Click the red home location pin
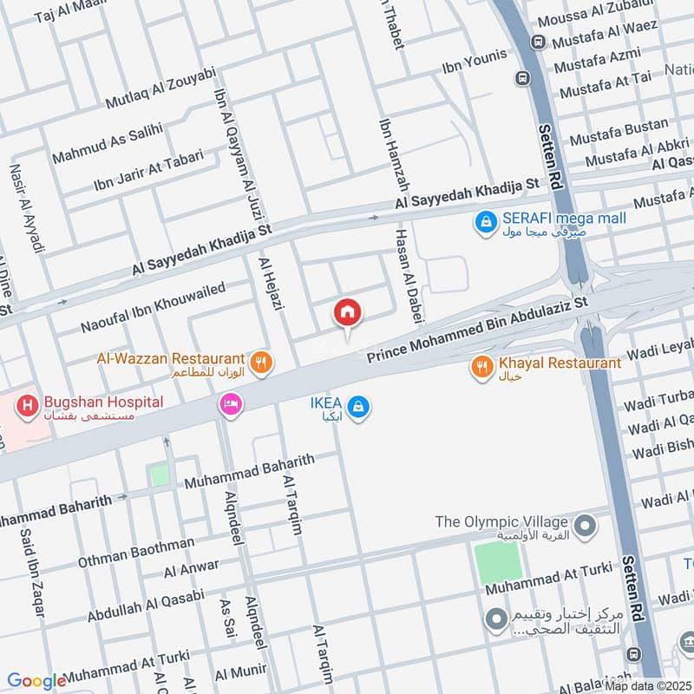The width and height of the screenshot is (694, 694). tap(348, 313)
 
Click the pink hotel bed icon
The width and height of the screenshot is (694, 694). tap(231, 404)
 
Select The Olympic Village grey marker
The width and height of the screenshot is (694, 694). tap(586, 525)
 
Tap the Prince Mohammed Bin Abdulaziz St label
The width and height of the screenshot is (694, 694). tap(477, 329)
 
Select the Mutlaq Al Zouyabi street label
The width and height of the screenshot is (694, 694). tap(160, 88)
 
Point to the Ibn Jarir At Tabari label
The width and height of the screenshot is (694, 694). tap(148, 171)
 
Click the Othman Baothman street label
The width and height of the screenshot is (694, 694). tap(136, 552)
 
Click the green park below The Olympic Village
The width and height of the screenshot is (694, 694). tap(499, 562)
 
